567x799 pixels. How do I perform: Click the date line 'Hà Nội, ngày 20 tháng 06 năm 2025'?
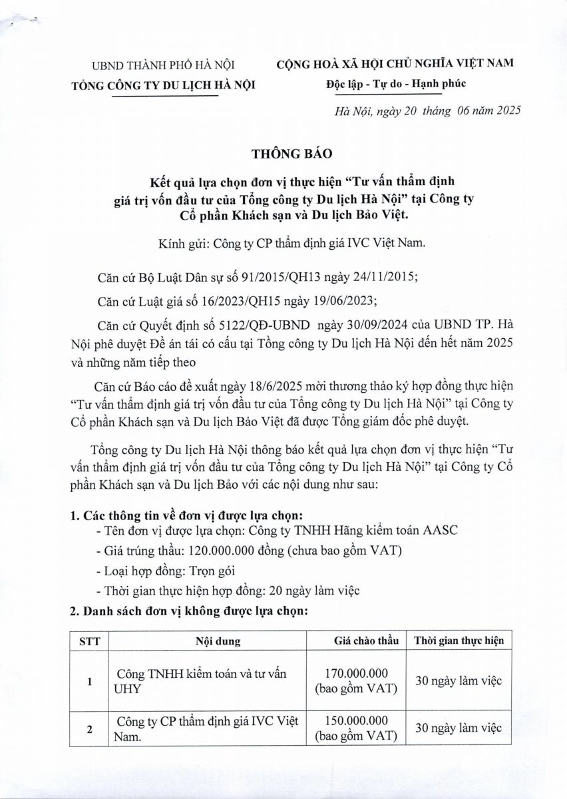427,111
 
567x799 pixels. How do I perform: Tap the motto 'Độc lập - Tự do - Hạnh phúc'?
396,84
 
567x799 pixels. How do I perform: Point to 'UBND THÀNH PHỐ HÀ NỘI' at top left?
163,65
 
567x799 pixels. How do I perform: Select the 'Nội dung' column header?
218,641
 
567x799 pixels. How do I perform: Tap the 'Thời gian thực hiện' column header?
458,641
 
